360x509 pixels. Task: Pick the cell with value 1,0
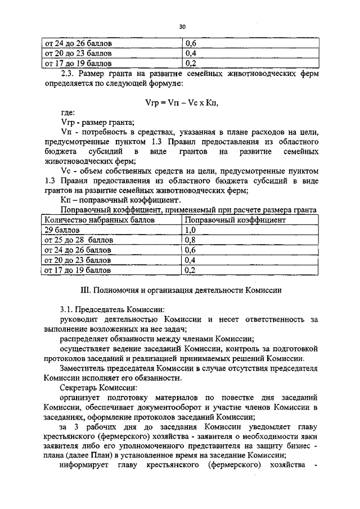tap(190, 231)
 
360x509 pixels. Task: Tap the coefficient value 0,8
tap(190, 240)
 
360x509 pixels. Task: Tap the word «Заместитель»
tap(84, 368)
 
